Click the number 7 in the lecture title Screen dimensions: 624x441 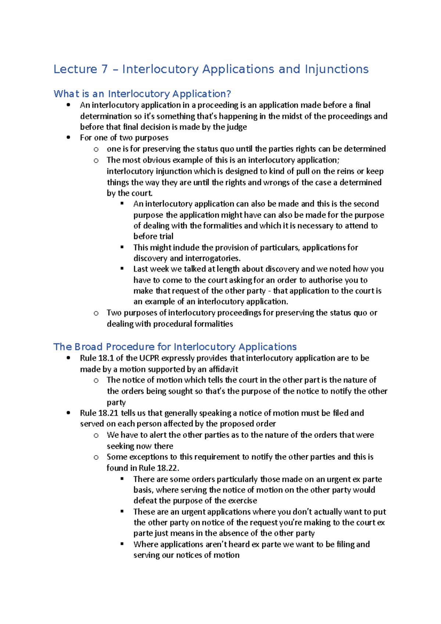pos(104,69)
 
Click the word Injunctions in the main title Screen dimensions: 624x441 pos(336,69)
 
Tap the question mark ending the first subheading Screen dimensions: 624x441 pos(229,94)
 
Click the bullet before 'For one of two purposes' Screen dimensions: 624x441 pos(68,137)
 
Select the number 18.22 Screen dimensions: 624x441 pos(168,468)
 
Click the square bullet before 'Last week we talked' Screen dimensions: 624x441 pos(122,269)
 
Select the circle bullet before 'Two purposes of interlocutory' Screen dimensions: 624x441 pos(96,313)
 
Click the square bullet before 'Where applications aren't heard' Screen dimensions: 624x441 pos(122,544)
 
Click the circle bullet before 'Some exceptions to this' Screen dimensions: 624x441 pos(96,457)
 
